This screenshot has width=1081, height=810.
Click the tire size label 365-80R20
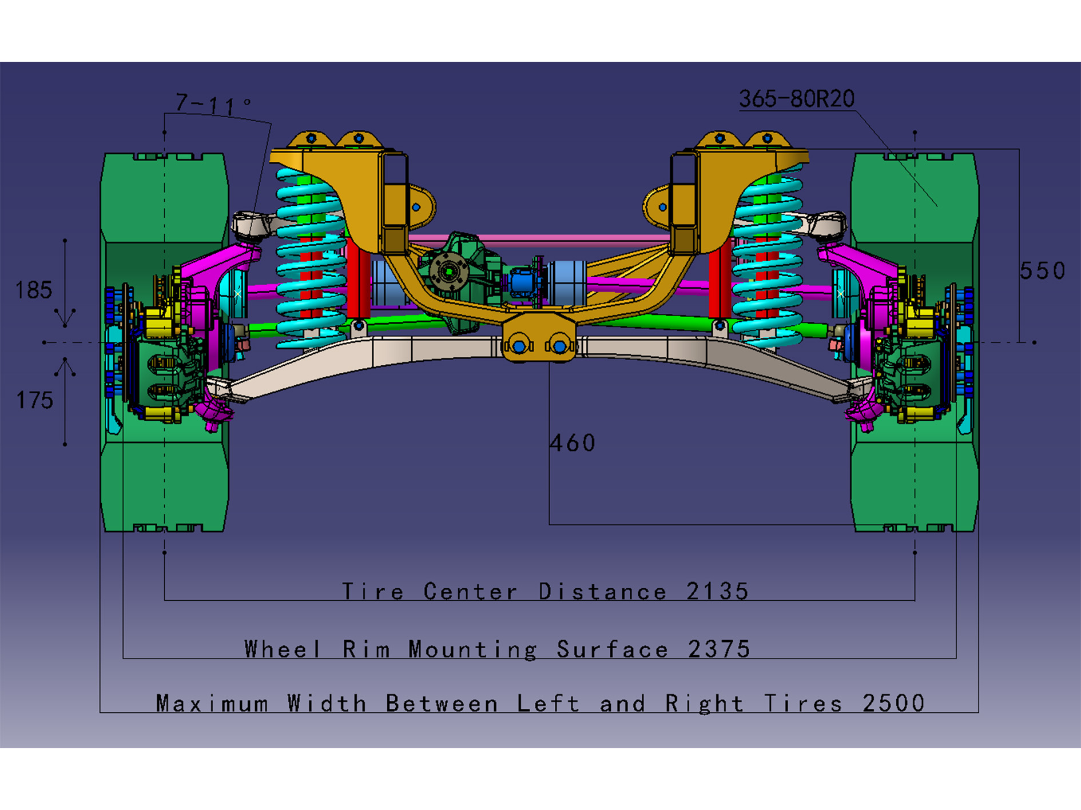tap(796, 99)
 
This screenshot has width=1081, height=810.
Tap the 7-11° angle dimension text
tap(212, 104)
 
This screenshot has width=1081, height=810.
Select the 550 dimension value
tap(1042, 270)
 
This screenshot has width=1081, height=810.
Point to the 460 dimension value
tap(572, 443)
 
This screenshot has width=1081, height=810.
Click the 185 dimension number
tap(34, 290)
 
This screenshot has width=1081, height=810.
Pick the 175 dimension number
tap(34, 400)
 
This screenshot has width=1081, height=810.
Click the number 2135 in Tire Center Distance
tap(717, 591)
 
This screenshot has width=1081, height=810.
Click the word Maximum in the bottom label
tap(212, 703)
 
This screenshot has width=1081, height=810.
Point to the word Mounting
tap(472, 649)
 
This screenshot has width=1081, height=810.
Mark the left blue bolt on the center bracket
tap(519, 346)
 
